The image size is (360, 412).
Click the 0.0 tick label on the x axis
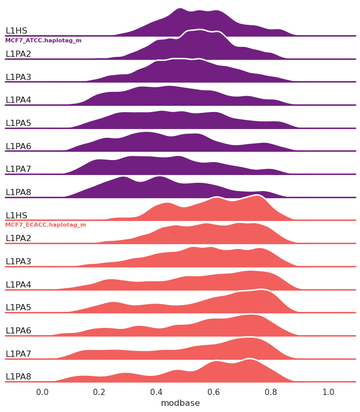[x=42, y=392]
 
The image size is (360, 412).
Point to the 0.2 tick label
[x=100, y=392]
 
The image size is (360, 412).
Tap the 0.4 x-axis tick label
[x=157, y=392]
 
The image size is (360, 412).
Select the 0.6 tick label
[x=214, y=392]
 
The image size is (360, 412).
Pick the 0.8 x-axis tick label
[x=271, y=392]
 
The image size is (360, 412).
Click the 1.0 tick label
[x=328, y=392]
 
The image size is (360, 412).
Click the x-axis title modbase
[x=180, y=403]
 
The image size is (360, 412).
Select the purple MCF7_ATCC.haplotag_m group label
[x=43, y=40]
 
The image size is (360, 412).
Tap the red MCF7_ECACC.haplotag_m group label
[x=45, y=225]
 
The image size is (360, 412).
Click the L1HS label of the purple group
[x=16, y=31]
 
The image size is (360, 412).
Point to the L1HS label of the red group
[x=16, y=215]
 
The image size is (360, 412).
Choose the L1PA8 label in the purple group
[x=18, y=192]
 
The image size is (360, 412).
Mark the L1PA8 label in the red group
[x=18, y=376]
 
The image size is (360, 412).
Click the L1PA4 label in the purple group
[x=18, y=100]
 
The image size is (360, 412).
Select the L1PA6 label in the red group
[x=18, y=330]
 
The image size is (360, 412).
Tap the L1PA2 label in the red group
[x=18, y=239]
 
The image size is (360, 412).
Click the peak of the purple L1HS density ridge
[x=179, y=9]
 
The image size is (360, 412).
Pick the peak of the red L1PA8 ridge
[x=251, y=359]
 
